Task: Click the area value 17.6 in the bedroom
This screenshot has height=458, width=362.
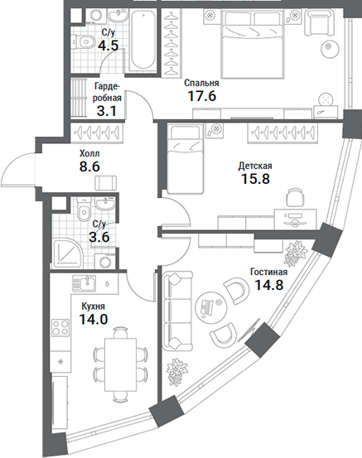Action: tap(201, 96)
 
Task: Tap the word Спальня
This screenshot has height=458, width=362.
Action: tap(201, 83)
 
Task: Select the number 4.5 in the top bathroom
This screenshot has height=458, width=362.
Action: tap(108, 46)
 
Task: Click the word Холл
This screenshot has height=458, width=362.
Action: tap(89, 153)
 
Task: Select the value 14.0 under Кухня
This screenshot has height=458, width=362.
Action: tap(93, 319)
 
